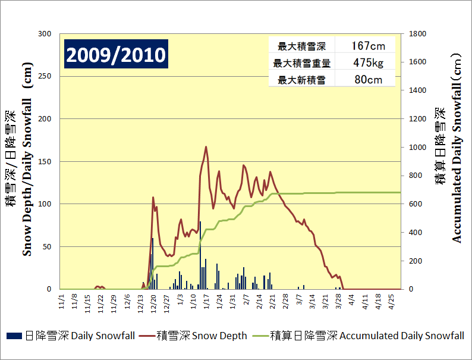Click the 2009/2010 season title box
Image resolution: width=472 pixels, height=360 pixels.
pos(116,55)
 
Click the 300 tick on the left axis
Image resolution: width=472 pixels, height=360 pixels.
pos(45,34)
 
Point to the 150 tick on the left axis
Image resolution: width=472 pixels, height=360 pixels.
pos(45,161)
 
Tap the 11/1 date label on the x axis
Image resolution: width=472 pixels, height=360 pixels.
pos(61,298)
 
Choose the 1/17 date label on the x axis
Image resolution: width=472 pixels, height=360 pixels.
pos(206,298)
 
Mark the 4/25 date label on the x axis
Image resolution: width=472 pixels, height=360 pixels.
pos(392,298)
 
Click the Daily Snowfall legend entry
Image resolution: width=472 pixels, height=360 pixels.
pos(71,336)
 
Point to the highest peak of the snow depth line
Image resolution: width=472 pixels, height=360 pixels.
pos(206,147)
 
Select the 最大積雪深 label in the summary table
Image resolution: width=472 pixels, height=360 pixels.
pos(301,46)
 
